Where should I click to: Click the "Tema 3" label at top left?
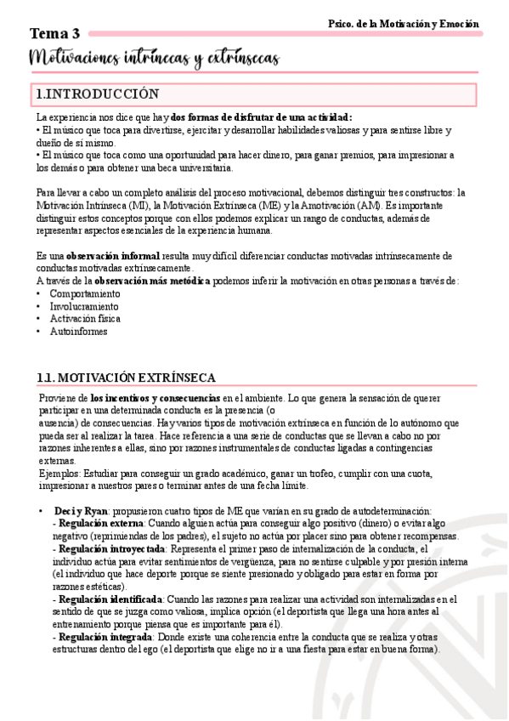pyautogui.click(x=55, y=34)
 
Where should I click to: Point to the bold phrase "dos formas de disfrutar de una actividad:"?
pyautogui.click(x=261, y=117)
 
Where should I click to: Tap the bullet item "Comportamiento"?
pyautogui.click(x=85, y=293)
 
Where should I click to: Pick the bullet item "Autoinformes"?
pyautogui.click(x=78, y=332)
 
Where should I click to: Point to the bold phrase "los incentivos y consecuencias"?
pyautogui.click(x=156, y=398)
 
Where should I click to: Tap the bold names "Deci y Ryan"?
pyautogui.click(x=81, y=511)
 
